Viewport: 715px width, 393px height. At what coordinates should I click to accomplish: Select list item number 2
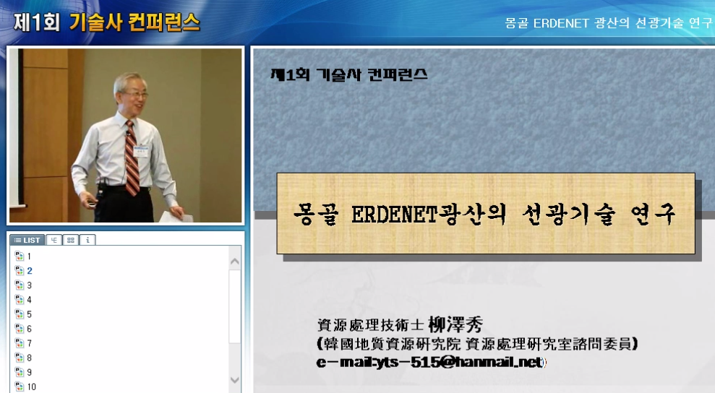[x=30, y=271]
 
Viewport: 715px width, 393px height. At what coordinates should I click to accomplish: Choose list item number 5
[x=30, y=314]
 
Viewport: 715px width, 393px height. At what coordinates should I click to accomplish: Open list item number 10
[x=31, y=386]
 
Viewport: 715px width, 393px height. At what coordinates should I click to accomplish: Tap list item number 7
[x=30, y=343]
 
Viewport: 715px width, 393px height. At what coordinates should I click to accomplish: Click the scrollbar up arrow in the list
[x=235, y=261]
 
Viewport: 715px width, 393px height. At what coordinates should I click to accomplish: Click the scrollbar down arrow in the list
[x=235, y=379]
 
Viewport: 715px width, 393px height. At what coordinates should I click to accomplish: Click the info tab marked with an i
[x=87, y=240]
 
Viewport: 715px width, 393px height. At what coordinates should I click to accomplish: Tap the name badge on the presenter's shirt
[x=141, y=152]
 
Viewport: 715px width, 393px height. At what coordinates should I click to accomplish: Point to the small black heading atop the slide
[x=348, y=74]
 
